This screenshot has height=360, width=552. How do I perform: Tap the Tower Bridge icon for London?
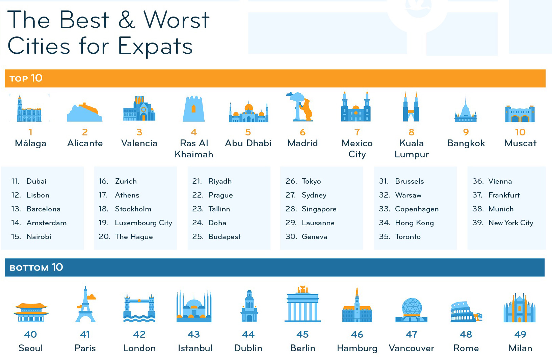tap(139, 308)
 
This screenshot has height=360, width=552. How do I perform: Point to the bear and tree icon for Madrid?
tap(302, 107)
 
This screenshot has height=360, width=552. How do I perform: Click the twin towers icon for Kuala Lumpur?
tap(411, 107)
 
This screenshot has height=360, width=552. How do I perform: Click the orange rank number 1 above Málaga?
tap(30, 132)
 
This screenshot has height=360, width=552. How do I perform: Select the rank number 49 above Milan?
tap(520, 334)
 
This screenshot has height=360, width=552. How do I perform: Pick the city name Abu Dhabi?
tap(248, 143)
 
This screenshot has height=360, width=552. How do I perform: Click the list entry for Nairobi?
tap(39, 237)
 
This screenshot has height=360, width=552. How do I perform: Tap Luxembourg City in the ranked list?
tap(143, 223)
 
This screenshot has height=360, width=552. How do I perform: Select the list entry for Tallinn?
tap(219, 209)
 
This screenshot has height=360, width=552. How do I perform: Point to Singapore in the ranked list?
tap(319, 209)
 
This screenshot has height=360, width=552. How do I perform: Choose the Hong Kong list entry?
tap(414, 223)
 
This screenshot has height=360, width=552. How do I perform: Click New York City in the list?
tap(511, 223)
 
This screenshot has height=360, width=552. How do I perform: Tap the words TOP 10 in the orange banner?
tap(26, 78)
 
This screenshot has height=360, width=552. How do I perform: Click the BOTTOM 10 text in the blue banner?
tap(36, 267)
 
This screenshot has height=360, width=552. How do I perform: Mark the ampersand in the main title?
tap(127, 20)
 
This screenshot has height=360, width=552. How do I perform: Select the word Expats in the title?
tap(155, 46)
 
